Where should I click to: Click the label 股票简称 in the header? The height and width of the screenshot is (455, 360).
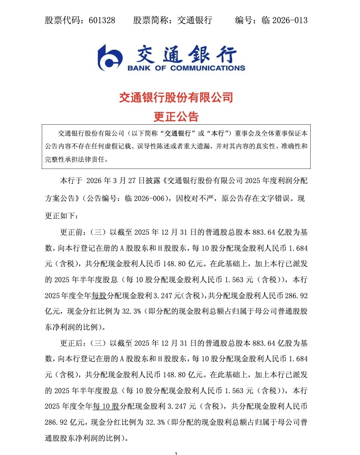[x=149, y=20]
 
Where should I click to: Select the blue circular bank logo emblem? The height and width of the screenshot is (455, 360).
[x=110, y=58]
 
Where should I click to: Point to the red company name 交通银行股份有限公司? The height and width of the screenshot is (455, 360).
[x=176, y=97]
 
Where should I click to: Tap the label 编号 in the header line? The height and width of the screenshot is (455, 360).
[x=244, y=20]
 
